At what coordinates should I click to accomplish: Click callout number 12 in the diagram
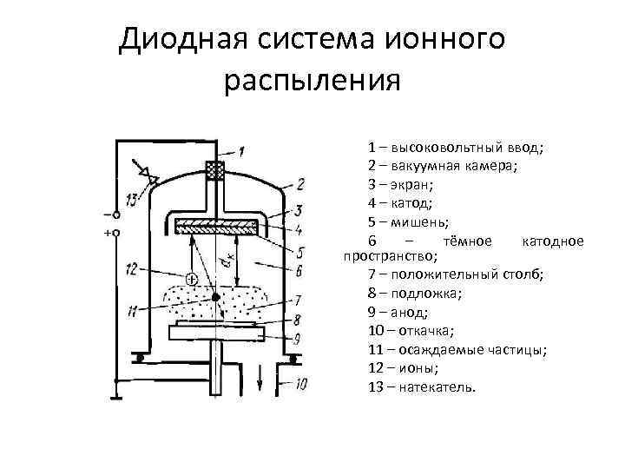pos(131,268)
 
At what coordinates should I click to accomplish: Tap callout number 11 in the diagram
pos(131,309)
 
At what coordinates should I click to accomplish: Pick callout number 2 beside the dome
pos(299,183)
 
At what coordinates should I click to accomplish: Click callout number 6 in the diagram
pos(299,272)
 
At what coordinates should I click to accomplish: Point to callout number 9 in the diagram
pos(299,338)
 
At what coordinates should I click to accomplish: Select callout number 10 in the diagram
pos(300,383)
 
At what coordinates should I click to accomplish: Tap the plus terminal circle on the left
pos(115,233)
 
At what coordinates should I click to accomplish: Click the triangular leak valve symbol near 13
pos(152,177)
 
